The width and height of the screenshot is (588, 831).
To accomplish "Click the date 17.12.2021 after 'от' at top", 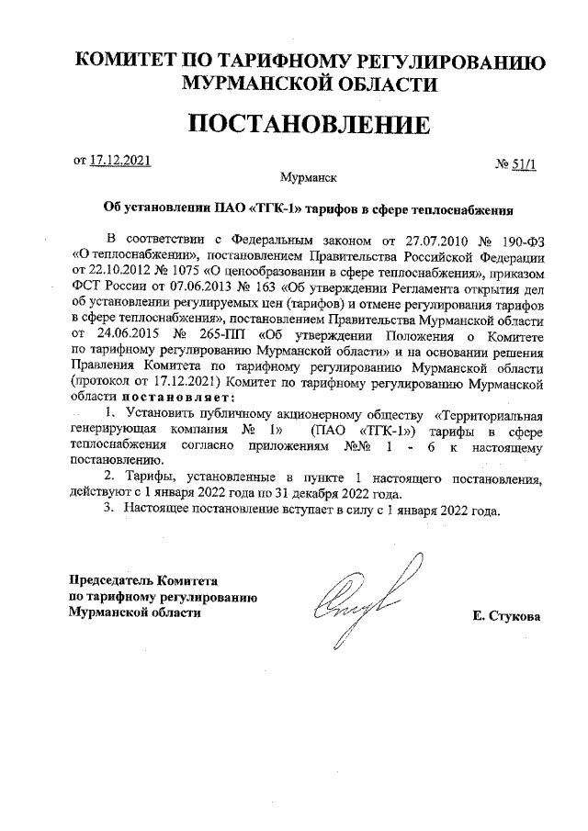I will (x=120, y=162).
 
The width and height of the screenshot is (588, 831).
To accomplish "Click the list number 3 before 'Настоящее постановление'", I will (x=107, y=511).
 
